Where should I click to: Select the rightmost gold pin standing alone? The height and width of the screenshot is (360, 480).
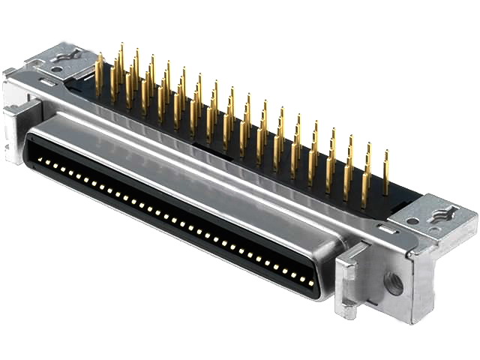point(386,173)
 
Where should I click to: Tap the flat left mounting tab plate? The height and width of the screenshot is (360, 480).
point(64,58)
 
